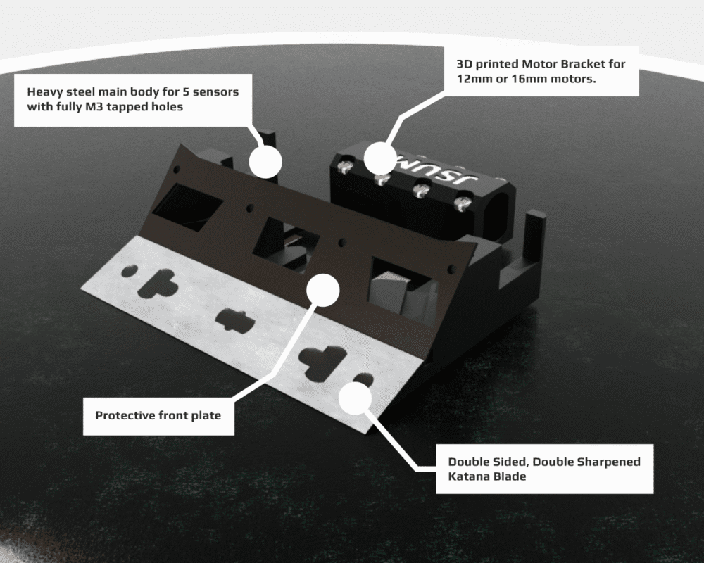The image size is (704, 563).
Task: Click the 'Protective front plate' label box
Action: (x=158, y=415)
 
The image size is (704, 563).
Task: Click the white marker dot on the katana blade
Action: (x=355, y=398)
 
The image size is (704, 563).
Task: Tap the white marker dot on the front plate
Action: (x=323, y=289)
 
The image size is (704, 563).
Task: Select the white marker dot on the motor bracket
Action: (x=381, y=159)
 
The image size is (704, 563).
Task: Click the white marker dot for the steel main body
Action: (x=265, y=162)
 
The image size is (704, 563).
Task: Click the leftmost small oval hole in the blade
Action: (x=130, y=271)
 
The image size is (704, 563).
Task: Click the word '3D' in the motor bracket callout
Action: (x=464, y=64)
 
